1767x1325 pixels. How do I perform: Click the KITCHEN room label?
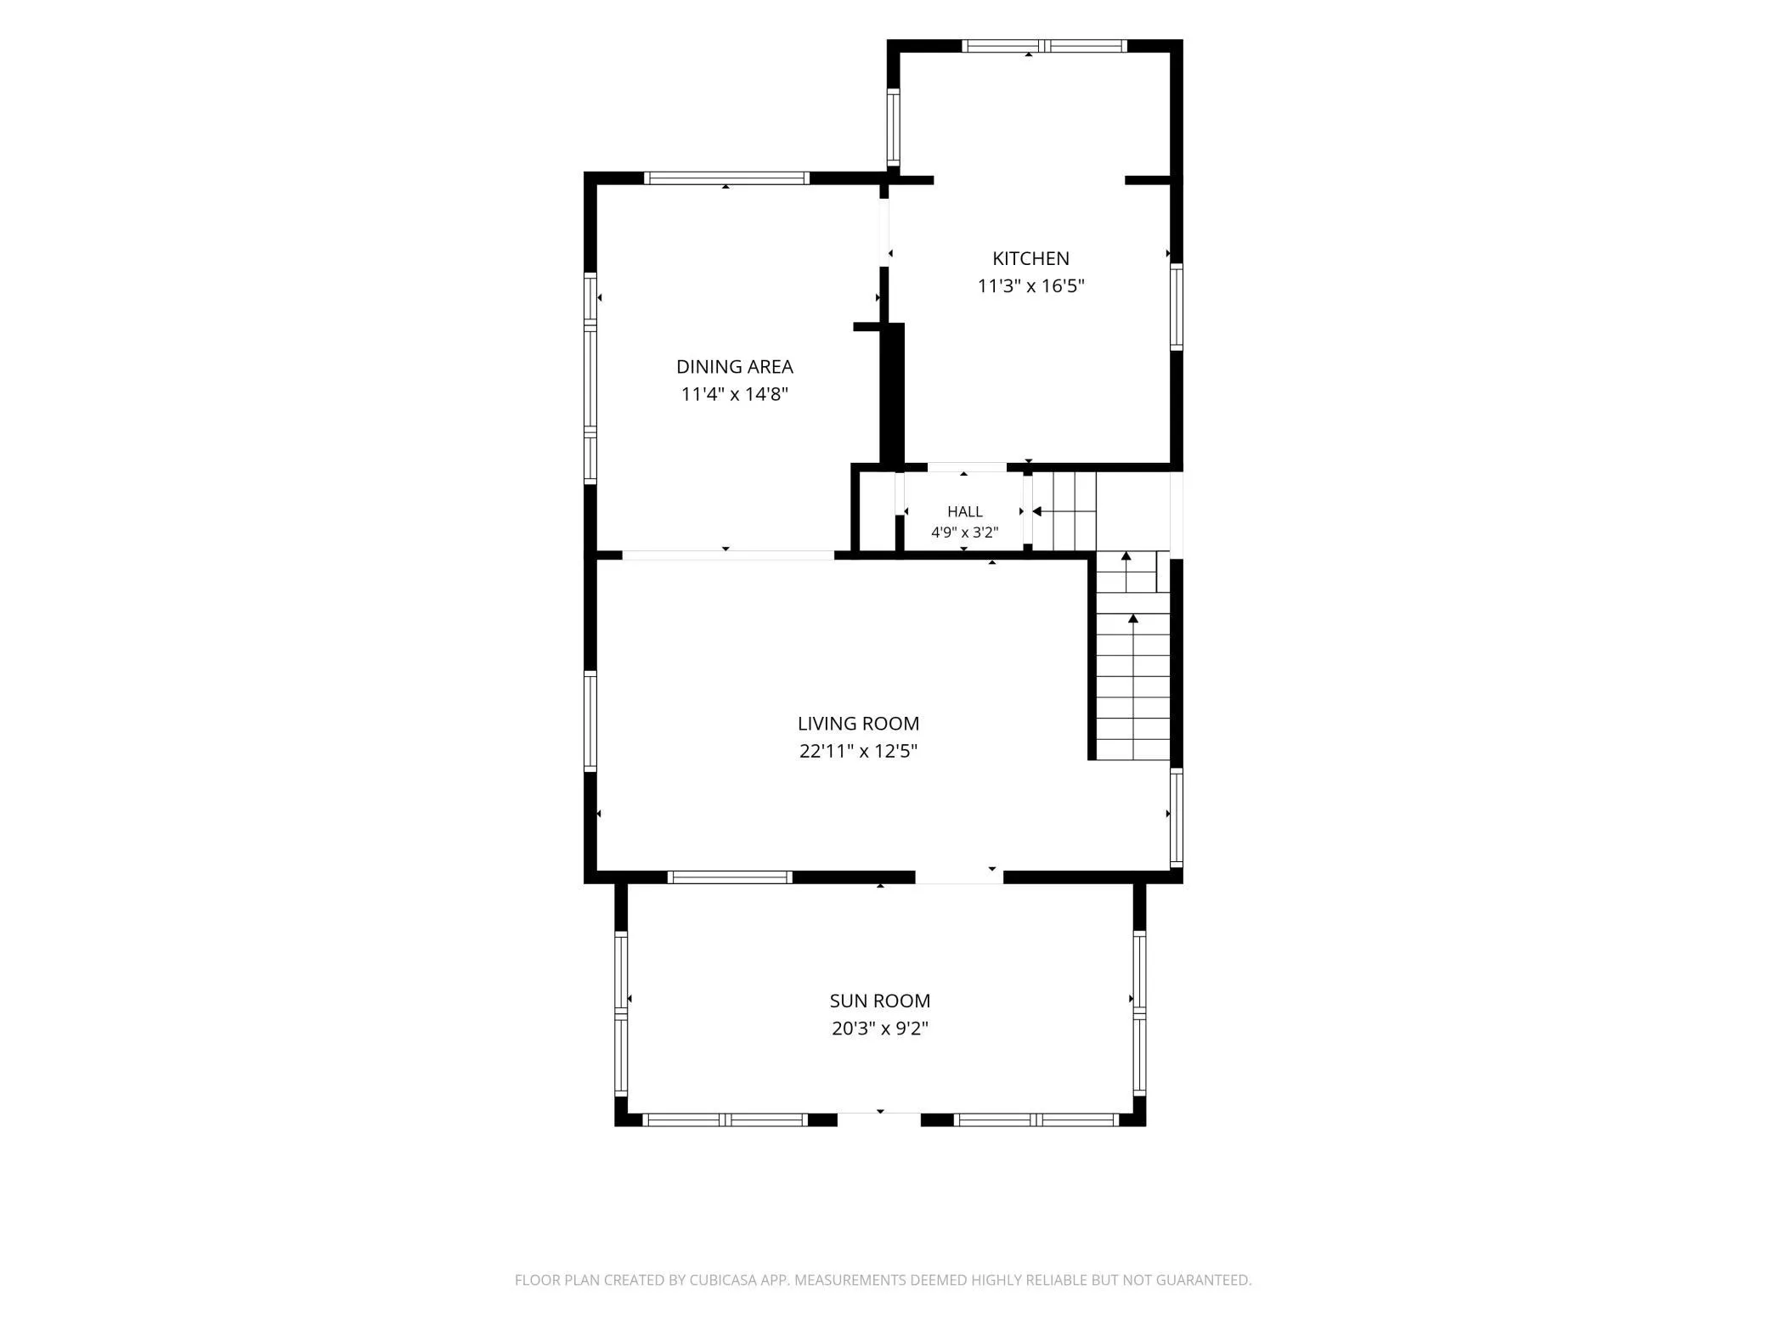click(1030, 258)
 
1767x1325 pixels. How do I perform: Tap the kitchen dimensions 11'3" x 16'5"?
click(1030, 286)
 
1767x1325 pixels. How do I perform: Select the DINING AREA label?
click(735, 367)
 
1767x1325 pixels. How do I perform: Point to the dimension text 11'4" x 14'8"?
click(735, 394)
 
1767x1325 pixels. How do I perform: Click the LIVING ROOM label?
click(858, 724)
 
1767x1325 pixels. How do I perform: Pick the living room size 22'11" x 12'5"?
click(858, 751)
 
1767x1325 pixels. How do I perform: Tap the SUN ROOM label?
click(880, 1001)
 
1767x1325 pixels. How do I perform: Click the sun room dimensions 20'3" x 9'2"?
click(880, 1029)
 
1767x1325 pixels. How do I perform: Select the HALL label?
click(965, 511)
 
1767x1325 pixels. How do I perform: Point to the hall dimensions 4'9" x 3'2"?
click(965, 533)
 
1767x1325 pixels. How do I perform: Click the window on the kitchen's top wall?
click(1044, 46)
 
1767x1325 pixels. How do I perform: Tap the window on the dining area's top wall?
click(725, 178)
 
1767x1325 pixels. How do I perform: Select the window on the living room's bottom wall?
click(730, 877)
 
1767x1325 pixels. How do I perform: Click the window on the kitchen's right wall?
click(1177, 307)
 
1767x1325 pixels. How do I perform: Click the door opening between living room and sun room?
click(959, 877)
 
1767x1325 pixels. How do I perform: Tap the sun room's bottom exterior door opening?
click(879, 1120)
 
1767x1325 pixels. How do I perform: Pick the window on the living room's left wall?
click(590, 721)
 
